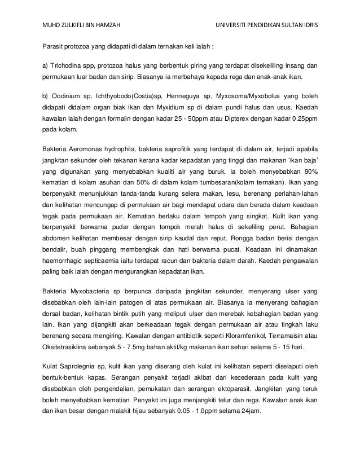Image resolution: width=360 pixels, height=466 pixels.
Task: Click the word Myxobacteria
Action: coord(91,291)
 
